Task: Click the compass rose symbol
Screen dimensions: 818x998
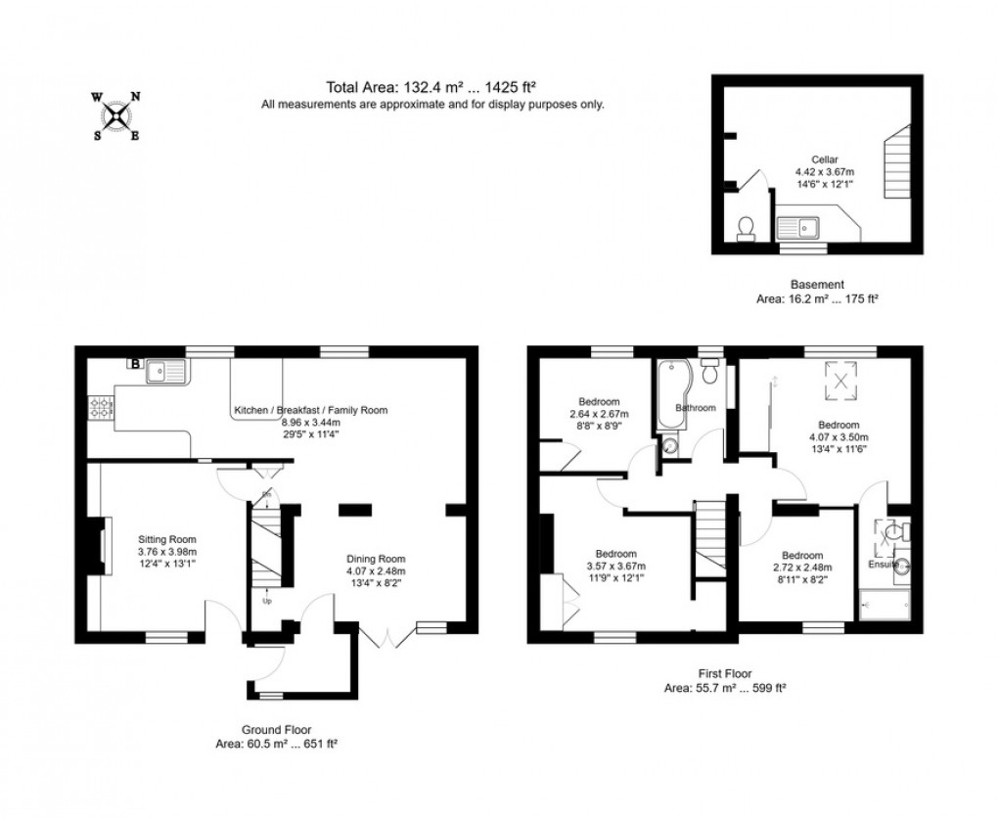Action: click(116, 115)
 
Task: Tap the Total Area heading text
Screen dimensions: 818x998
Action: click(432, 86)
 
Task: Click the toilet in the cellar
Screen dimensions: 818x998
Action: click(746, 228)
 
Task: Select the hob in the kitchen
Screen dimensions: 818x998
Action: click(101, 407)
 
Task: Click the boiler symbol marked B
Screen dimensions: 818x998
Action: click(133, 364)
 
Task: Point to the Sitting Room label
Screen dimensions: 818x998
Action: click(167, 539)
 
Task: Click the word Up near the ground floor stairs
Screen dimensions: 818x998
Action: click(267, 601)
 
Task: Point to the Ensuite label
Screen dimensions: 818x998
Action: click(883, 565)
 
